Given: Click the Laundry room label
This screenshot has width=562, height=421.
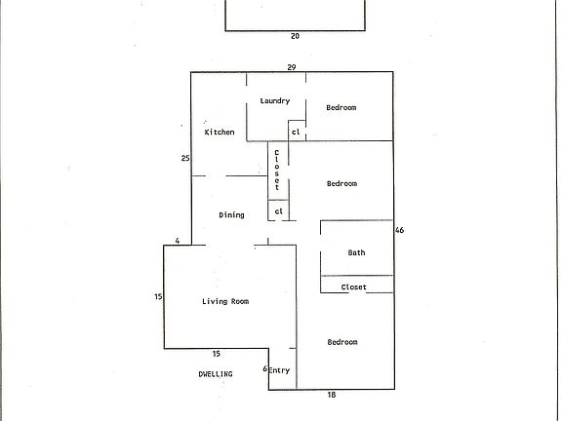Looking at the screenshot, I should click(274, 101).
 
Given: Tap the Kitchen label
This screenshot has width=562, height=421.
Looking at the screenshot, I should click(219, 132).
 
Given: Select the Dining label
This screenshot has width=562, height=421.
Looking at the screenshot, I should click(231, 215).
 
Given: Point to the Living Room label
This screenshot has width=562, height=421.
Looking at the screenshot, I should click(225, 302).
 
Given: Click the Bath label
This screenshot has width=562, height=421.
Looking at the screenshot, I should click(356, 253).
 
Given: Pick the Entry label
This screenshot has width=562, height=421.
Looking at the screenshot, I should click(280, 370).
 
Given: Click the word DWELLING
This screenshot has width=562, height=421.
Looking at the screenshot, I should click(216, 373).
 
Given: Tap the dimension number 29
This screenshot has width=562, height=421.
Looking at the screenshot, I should click(291, 66).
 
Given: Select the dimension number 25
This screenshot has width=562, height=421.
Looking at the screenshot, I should click(184, 158).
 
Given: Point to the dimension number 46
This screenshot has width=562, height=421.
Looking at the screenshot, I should click(399, 231).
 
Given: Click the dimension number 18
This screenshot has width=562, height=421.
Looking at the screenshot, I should click(332, 396).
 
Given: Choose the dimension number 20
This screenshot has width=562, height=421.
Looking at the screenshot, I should click(295, 36).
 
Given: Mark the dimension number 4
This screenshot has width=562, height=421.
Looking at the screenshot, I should click(178, 241).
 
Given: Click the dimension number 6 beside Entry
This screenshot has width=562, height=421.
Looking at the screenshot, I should click(264, 369).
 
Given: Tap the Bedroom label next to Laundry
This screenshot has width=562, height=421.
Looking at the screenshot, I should click(341, 107).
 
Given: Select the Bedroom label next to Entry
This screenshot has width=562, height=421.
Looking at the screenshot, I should click(341, 342).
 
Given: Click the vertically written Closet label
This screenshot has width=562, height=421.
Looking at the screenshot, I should click(277, 170).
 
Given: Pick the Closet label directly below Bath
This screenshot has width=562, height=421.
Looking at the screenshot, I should click(353, 287).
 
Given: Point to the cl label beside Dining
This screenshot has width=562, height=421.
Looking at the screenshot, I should click(278, 211).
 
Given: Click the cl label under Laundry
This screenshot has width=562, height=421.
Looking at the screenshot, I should click(296, 132).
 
